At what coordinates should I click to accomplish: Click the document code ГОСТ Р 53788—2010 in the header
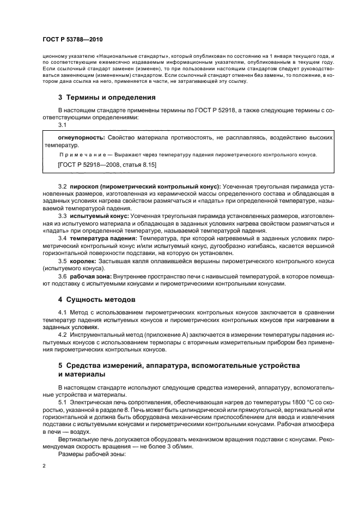point(72,40)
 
